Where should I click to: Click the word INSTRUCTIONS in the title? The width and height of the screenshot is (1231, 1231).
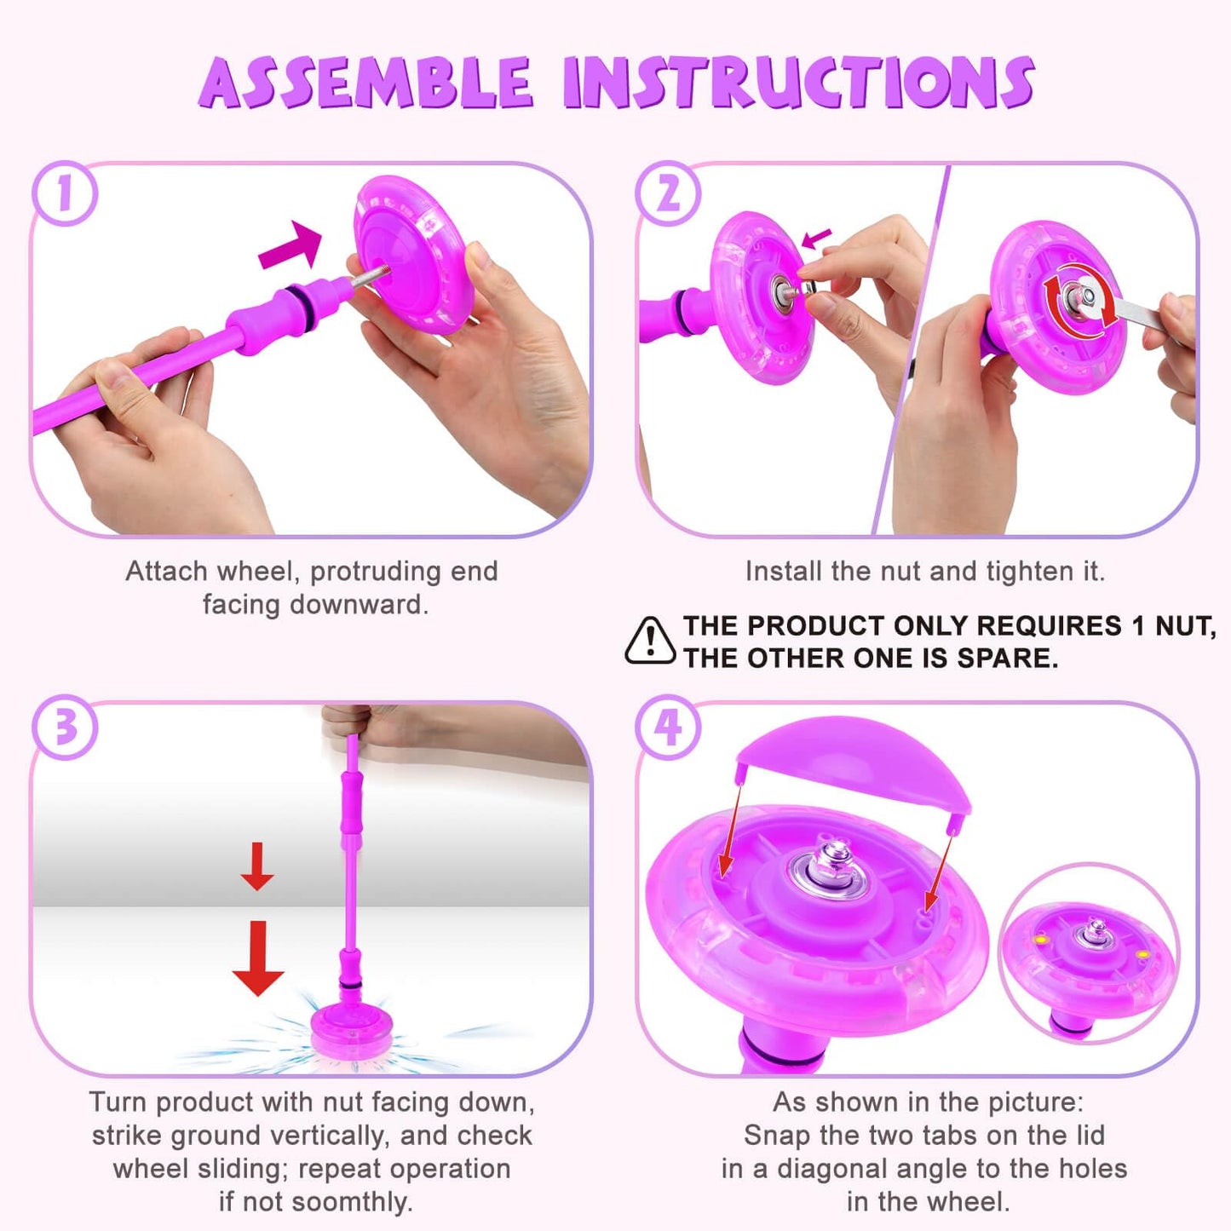click(799, 82)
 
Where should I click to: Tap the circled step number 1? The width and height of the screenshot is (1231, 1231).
click(65, 193)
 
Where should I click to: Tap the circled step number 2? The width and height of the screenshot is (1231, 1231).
click(668, 193)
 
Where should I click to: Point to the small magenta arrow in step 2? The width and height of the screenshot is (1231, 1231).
click(816, 239)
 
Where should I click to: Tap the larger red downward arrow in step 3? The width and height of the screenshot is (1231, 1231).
click(257, 958)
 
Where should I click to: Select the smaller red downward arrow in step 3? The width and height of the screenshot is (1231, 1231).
click(257, 866)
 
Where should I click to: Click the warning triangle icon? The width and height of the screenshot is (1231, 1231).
click(650, 641)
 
